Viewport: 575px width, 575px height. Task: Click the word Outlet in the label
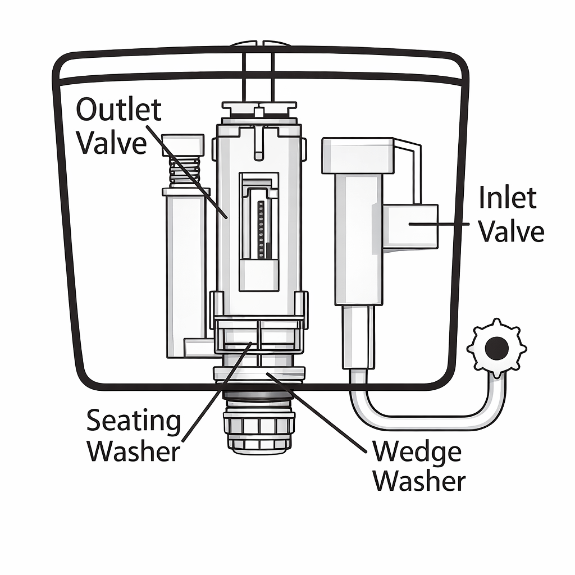click(x=118, y=110)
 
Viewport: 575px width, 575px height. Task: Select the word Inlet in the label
click(x=508, y=198)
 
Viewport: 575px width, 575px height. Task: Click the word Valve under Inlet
click(x=511, y=231)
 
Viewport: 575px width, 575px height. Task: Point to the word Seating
click(x=134, y=420)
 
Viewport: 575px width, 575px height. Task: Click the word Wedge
click(x=417, y=451)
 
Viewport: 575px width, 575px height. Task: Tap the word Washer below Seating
click(x=134, y=451)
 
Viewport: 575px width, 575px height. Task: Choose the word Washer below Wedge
click(x=419, y=481)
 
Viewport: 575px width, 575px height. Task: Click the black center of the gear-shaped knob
click(x=496, y=349)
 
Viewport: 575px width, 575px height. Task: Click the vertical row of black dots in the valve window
click(x=261, y=227)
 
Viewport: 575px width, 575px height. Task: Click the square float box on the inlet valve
click(x=410, y=226)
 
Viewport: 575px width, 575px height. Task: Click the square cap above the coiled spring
click(x=182, y=144)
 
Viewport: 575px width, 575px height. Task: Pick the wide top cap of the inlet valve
click(x=357, y=156)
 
